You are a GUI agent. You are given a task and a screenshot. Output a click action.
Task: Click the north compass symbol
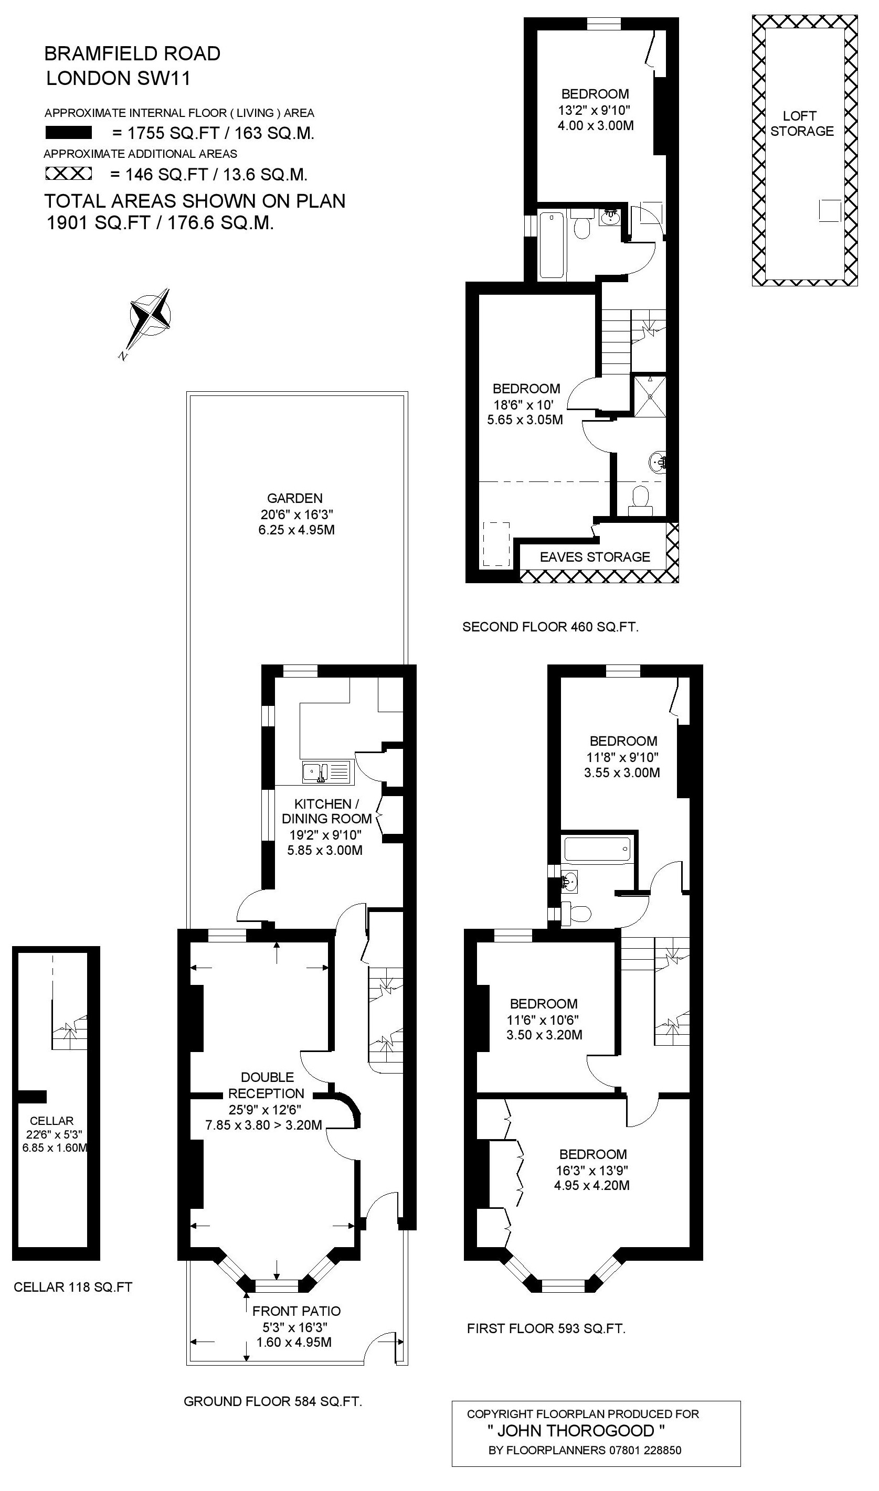coord(152,319)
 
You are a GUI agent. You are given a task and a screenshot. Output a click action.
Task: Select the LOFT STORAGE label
coord(802,123)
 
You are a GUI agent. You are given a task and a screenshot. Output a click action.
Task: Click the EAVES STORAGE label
coord(595,556)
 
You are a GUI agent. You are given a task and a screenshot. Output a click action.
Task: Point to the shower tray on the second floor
coord(650,395)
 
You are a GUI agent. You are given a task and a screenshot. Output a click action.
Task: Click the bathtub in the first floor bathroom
coord(598,849)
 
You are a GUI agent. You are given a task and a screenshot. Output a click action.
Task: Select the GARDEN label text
coord(294,498)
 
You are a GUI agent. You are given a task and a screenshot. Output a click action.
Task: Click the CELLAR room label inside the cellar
coord(51,1120)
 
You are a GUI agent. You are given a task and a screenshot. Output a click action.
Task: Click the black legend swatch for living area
coord(69,133)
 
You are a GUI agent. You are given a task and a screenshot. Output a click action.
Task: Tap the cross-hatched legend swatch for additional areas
coord(69,174)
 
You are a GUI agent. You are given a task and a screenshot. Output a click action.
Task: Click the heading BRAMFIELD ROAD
coord(133,54)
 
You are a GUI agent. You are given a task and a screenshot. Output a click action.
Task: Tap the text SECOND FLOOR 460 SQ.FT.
coord(551,627)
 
